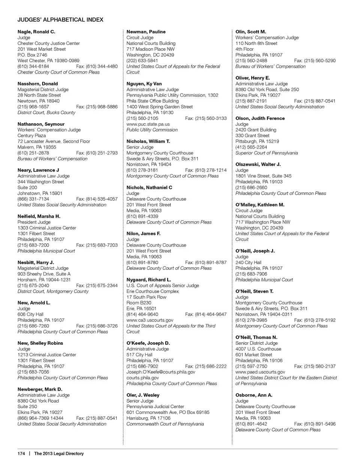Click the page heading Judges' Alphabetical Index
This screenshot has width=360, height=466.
pyautogui.click(x=60, y=20)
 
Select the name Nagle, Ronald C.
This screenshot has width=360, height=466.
pyautogui.click(x=36, y=32)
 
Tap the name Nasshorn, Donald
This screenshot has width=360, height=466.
pyautogui.click(x=38, y=84)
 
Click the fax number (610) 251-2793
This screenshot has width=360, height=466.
pyautogui.click(x=97, y=153)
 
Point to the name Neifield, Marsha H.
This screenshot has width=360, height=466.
pyautogui.click(x=39, y=216)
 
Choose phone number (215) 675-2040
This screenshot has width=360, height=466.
pyautogui.click(x=33, y=286)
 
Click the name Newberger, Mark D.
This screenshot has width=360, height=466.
pyautogui.click(x=40, y=389)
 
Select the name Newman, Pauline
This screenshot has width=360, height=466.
pyautogui.click(x=146, y=32)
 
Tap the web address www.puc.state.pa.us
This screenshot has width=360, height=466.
pyautogui.click(x=148, y=124)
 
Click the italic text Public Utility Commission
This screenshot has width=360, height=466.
pyautogui.click(x=152, y=130)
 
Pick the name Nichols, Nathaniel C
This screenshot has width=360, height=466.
pyautogui.click(x=149, y=187)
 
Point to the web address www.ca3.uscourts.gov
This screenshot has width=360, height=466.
pyautogui.click(x=150, y=320)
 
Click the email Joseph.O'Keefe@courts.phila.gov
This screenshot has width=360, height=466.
pyautogui.click(x=161, y=372)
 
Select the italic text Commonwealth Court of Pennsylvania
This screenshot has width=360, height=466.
pyautogui.click(x=165, y=424)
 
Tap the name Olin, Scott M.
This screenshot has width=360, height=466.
pyautogui.click(x=251, y=32)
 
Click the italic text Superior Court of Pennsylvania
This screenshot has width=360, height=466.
pyautogui.click(x=267, y=153)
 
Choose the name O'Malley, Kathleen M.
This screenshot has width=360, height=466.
pyautogui.click(x=260, y=205)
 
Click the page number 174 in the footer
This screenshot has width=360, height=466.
pyautogui.click(x=21, y=453)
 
